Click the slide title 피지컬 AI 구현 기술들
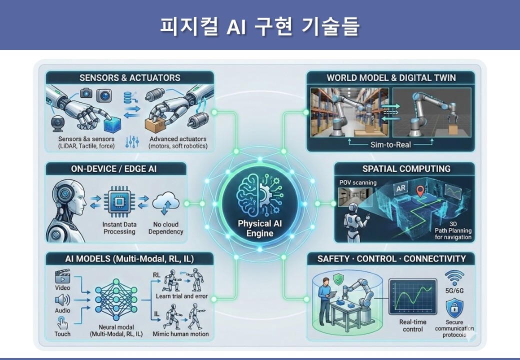tap(259, 25)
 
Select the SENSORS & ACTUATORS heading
tap(129, 78)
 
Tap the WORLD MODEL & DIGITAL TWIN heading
tap(391, 78)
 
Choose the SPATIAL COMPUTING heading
tap(406, 169)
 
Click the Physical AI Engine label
tap(260, 228)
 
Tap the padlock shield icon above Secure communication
tap(454, 306)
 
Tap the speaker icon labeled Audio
tap(62, 300)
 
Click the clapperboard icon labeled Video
tap(62, 276)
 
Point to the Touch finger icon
tap(62, 321)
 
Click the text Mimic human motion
tap(182, 333)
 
